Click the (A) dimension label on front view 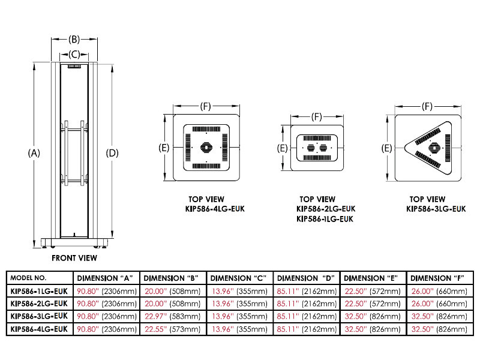coord(34,153)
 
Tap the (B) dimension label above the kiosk coord(74,40)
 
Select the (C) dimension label coord(74,54)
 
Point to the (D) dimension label coord(112,153)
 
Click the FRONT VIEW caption coord(74,258)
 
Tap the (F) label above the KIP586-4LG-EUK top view coord(206,106)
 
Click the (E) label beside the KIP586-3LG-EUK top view coord(387,148)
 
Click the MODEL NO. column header coord(29,278)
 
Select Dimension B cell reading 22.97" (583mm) coord(172,316)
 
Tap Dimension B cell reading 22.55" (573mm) coord(172,328)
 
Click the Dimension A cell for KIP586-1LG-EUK coord(106,291)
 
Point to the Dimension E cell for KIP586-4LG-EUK coord(372,328)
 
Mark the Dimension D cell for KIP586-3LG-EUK coord(305,316)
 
